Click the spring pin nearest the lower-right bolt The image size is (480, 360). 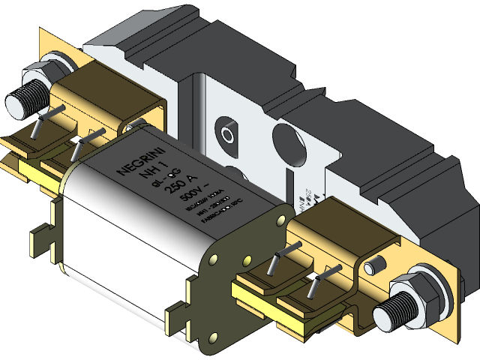(x=316, y=283)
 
